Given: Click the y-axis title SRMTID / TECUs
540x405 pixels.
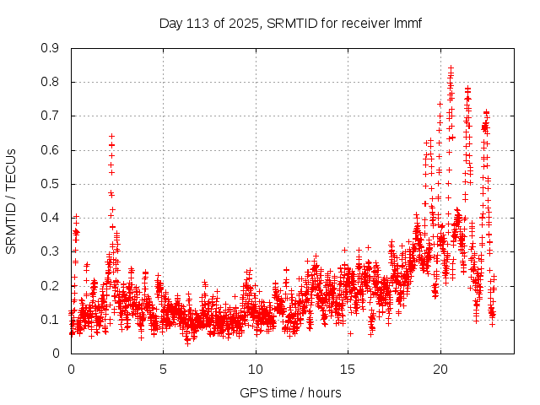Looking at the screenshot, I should coord(12,201).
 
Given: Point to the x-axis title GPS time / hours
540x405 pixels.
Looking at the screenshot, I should coord(290,392).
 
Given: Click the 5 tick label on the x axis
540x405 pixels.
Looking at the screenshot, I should coord(163,369).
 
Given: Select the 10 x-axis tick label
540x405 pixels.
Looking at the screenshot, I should coord(256,369).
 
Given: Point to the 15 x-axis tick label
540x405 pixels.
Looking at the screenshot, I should coord(348,369).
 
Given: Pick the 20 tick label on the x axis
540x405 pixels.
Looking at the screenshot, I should coord(440,369).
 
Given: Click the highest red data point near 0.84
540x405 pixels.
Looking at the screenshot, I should coord(451,67).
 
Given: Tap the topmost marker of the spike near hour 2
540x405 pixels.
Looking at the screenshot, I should coord(111,136).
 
